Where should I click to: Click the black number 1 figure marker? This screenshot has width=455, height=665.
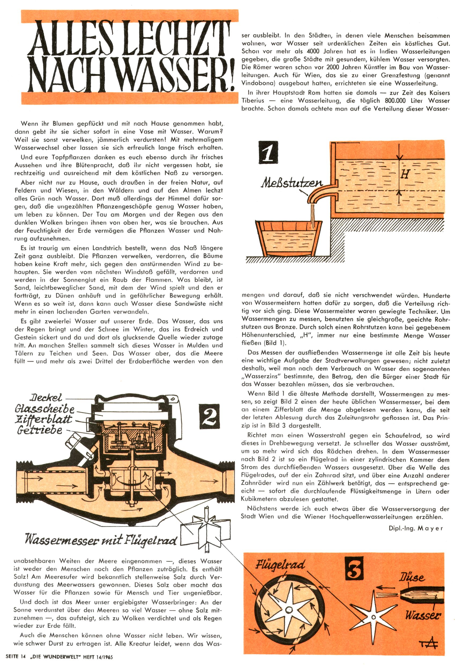[268, 152]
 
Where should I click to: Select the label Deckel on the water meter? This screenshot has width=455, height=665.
[46, 397]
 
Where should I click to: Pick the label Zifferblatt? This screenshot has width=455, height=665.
[43, 419]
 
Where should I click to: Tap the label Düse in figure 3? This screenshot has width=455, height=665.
[412, 577]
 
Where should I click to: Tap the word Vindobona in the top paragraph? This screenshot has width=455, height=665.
[259, 83]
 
